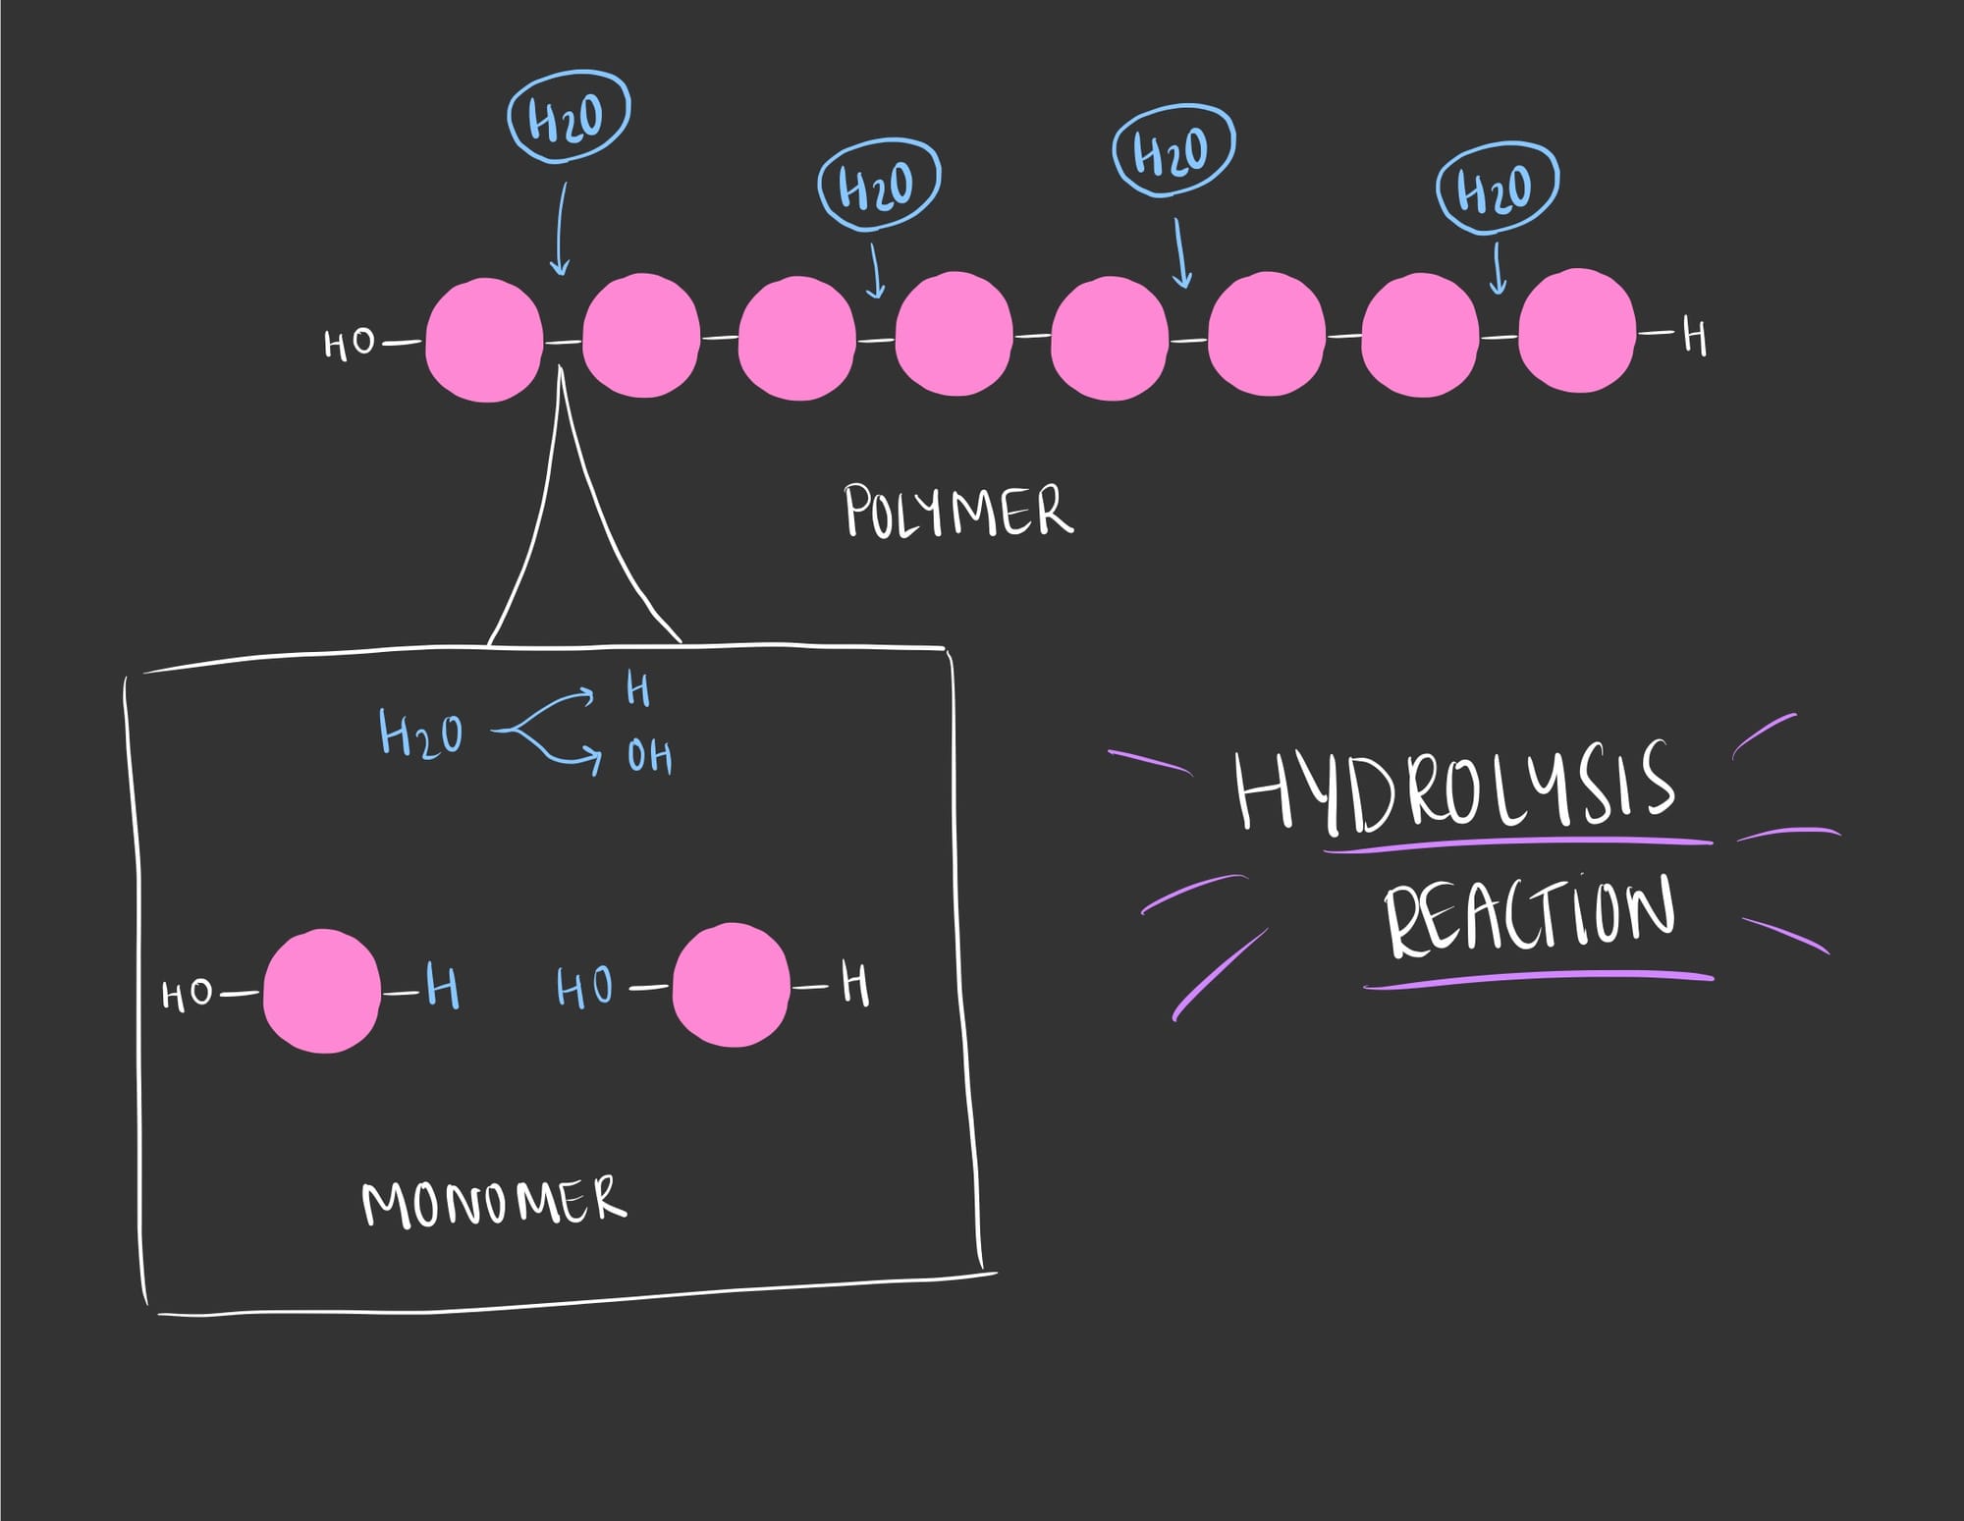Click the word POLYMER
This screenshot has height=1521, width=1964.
(957, 511)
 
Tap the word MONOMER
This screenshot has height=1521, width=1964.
(494, 1202)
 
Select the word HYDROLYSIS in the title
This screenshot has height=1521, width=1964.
(1453, 786)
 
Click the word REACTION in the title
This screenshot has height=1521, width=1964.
(1528, 915)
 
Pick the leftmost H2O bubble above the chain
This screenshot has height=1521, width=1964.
(568, 117)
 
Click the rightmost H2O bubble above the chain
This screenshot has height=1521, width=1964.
(1496, 188)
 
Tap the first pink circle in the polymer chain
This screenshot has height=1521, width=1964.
(484, 340)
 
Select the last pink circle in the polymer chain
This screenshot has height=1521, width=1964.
(1576, 331)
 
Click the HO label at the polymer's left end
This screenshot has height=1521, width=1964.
(350, 345)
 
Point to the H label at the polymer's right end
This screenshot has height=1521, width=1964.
(1695, 338)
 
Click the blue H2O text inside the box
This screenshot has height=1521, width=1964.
(420, 733)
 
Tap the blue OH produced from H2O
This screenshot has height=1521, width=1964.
(650, 757)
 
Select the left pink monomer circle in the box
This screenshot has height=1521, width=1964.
(321, 992)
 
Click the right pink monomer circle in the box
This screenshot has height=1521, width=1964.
(731, 985)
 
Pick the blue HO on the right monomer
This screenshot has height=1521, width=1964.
(585, 987)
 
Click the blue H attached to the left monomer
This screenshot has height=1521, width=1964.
(443, 987)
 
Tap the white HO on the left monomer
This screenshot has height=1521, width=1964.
(187, 996)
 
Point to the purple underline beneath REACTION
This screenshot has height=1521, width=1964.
(1538, 979)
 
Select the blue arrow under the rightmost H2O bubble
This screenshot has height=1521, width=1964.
(1498, 268)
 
